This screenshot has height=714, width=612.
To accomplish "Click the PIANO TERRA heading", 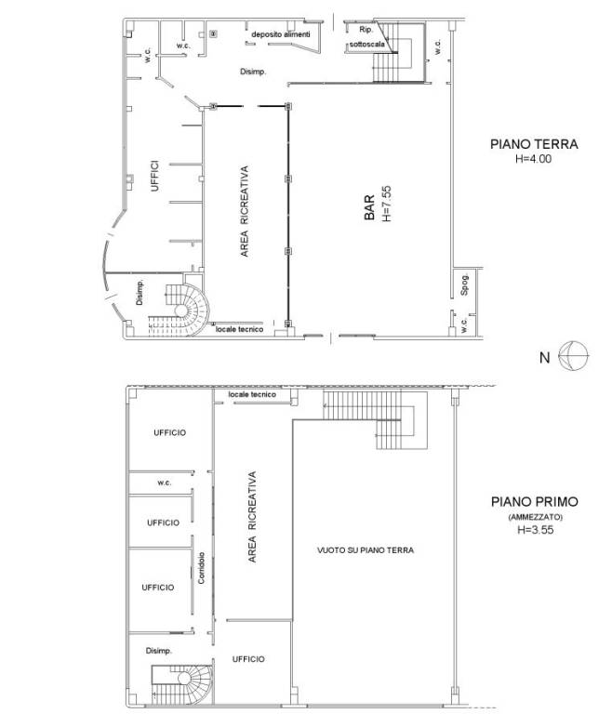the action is [x=534, y=144].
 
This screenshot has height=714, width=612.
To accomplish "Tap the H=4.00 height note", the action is [x=533, y=159].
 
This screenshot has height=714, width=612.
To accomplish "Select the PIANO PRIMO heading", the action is [x=535, y=502].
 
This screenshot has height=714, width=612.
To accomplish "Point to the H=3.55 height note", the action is [x=536, y=530].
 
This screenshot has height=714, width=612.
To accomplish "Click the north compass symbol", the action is [x=574, y=356].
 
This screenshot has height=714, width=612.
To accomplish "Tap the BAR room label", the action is [x=369, y=207].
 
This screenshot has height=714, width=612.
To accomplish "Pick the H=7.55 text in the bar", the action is [x=386, y=204].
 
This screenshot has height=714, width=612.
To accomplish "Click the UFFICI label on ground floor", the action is [x=155, y=176].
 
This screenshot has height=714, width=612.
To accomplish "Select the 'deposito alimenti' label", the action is [x=281, y=34].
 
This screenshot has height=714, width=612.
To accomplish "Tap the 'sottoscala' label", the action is [x=366, y=45].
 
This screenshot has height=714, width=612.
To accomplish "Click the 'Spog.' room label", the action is [x=464, y=285].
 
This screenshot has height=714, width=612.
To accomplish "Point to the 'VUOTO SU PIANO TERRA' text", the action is [x=366, y=550].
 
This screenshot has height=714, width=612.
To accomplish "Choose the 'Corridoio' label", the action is [x=202, y=568].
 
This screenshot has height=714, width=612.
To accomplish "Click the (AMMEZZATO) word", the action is [x=536, y=517].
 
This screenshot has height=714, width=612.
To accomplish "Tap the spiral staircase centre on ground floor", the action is [x=181, y=311].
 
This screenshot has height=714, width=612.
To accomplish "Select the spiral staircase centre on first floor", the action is [x=184, y=679].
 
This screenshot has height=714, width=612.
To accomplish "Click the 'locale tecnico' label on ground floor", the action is [x=239, y=329].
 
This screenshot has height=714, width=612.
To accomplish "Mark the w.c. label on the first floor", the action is [x=165, y=483].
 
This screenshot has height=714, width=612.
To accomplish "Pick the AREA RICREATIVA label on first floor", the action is [x=251, y=517].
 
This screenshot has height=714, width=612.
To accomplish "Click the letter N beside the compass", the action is [x=544, y=358].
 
